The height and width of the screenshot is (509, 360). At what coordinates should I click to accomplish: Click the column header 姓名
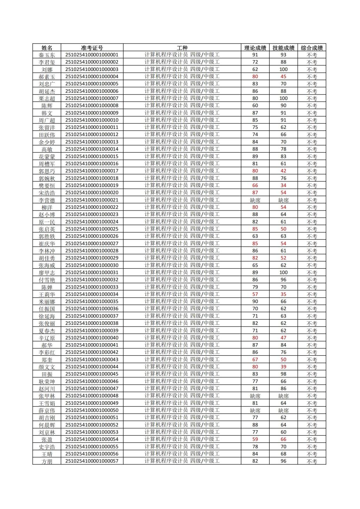[x=47, y=48]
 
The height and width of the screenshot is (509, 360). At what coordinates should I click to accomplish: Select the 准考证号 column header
[x=92, y=48]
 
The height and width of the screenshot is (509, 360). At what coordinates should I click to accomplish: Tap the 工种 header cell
[x=182, y=48]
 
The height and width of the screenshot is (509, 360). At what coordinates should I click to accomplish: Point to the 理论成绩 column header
[x=255, y=48]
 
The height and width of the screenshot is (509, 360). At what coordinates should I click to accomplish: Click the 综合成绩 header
[x=311, y=48]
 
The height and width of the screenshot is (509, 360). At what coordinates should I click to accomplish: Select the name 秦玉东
[x=47, y=55]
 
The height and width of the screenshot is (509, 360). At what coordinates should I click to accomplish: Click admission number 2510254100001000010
[x=92, y=120]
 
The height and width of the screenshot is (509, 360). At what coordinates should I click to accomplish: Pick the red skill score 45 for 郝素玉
[x=283, y=77]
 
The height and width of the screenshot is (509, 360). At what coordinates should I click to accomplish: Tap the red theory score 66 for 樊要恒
[x=255, y=185]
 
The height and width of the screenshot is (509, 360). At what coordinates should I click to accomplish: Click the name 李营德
[x=47, y=200]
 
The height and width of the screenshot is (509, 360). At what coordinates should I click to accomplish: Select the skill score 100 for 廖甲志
[x=283, y=272]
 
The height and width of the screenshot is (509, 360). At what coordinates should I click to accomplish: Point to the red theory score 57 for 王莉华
[x=255, y=294]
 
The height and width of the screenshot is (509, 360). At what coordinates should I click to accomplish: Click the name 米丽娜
[x=47, y=302]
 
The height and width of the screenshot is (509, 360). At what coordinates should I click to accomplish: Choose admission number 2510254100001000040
[x=92, y=338]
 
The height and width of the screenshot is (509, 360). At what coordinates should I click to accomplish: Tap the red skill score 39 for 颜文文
[x=283, y=367]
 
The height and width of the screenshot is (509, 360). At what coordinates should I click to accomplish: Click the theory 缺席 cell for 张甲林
[x=255, y=396]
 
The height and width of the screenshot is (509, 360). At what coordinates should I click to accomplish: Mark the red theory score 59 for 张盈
[x=255, y=439]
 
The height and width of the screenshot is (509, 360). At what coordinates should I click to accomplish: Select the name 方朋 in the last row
[x=47, y=461]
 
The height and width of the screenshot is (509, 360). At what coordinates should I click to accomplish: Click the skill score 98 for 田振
[x=283, y=374]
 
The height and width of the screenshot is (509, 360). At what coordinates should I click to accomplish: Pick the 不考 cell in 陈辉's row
[x=311, y=105]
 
